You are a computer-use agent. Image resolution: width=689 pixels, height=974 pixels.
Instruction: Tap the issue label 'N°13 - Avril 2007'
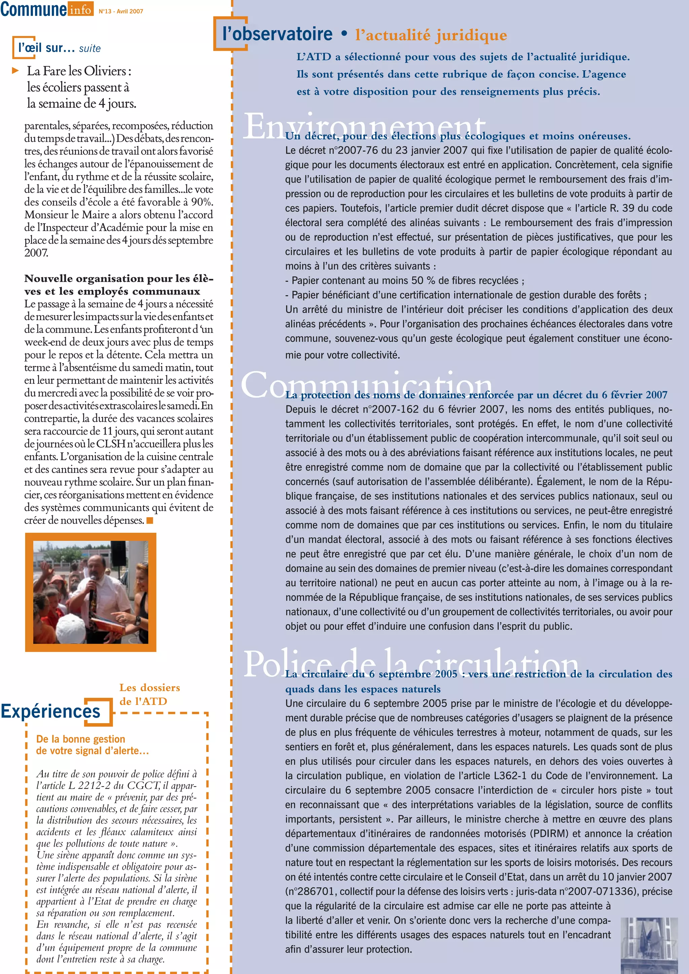pyautogui.click(x=121, y=11)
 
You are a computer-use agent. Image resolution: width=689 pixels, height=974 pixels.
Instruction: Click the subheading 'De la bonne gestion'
pyautogui.click(x=81, y=739)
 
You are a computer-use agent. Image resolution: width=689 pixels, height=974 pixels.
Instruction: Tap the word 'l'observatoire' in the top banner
pyautogui.click(x=278, y=34)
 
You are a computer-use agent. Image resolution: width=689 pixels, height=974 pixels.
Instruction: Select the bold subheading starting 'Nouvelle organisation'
pyautogui.click(x=119, y=285)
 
